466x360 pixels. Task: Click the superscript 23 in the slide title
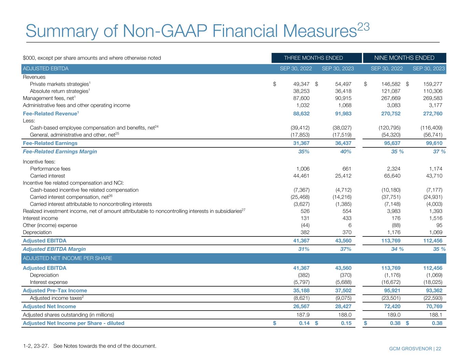(x=363, y=27)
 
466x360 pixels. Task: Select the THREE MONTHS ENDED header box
(x=316, y=58)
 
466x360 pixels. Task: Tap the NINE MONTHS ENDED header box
(x=404, y=58)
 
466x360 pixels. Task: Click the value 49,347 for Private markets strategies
(x=301, y=84)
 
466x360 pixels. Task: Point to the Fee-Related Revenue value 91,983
(x=343, y=114)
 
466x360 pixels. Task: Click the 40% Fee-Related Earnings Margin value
(x=345, y=152)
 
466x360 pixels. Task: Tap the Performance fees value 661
(x=347, y=169)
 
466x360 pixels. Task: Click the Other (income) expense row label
(x=50, y=225)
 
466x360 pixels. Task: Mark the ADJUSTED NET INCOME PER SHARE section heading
(x=67, y=258)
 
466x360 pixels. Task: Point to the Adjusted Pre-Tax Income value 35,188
(x=301, y=291)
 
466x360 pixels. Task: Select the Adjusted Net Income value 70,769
(x=434, y=306)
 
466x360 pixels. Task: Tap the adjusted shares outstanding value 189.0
(x=394, y=315)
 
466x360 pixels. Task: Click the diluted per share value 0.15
(x=346, y=323)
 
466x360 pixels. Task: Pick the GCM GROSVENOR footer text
(x=410, y=349)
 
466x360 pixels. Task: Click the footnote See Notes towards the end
(x=105, y=346)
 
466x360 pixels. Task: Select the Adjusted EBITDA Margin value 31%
(x=303, y=249)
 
